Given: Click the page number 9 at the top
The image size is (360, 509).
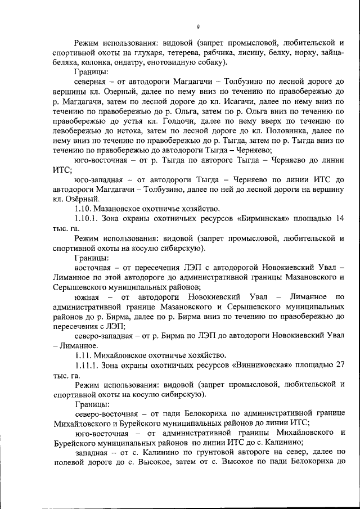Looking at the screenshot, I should point(198,27).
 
